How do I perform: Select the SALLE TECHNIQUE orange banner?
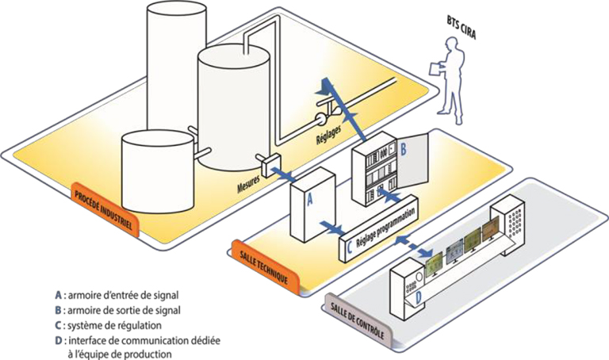click(264, 257)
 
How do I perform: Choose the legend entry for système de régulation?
click(106, 325)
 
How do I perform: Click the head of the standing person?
click(463, 35)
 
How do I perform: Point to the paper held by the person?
click(434, 68)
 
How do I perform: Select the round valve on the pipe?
click(320, 121)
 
